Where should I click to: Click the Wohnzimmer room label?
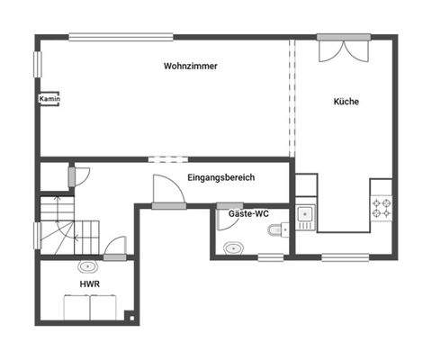pos(191,67)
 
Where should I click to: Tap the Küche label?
pos(346,102)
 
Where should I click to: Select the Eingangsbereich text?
pos(220,177)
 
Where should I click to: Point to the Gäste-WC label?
pos(248,213)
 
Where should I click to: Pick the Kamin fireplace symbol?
pos(49,99)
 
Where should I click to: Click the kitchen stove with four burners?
pos(382,209)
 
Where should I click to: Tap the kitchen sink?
pos(304,214)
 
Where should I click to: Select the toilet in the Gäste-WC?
pos(275,231)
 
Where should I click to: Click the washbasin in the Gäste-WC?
pos(233,246)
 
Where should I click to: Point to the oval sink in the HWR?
pos(88,266)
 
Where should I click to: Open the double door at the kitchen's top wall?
pos(342,48)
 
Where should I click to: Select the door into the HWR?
pos(114,248)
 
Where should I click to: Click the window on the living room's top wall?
pos(121,37)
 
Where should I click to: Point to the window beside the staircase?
pos(38,235)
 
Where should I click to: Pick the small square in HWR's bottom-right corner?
pos(130,316)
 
